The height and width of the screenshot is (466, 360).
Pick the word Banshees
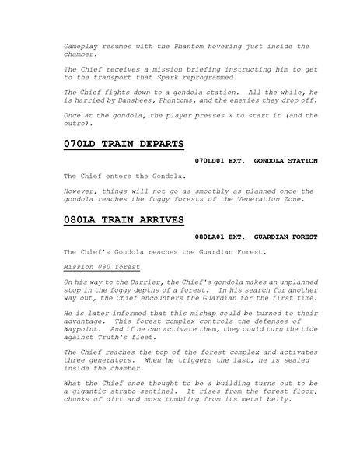coord(152,100)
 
